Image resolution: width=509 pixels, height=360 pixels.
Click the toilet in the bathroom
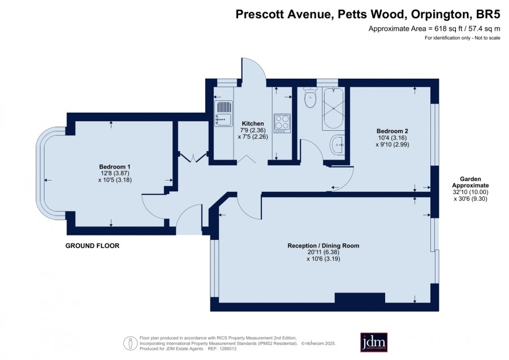[310, 97]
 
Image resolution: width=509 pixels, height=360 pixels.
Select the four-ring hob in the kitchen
[282, 123]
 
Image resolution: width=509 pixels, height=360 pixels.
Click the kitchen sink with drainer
[223, 113]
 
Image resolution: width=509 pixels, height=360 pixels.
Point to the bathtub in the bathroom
[333, 109]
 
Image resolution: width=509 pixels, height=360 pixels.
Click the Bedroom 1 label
[115, 166]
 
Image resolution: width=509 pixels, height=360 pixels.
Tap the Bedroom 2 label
[392, 131]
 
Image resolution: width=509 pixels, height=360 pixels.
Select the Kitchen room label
[253, 123]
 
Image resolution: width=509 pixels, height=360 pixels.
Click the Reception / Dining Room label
[323, 246]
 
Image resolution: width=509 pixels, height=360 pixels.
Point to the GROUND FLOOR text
[93, 246]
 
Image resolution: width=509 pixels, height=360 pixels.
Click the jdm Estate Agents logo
[374, 342]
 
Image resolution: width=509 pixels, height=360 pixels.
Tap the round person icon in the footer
[130, 343]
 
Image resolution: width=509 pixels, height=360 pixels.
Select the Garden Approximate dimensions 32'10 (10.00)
[471, 192]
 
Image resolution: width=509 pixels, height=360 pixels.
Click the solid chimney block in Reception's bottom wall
[360, 298]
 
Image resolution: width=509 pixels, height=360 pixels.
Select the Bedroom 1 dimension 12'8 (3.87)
[115, 174]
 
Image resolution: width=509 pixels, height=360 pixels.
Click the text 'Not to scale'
[488, 38]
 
